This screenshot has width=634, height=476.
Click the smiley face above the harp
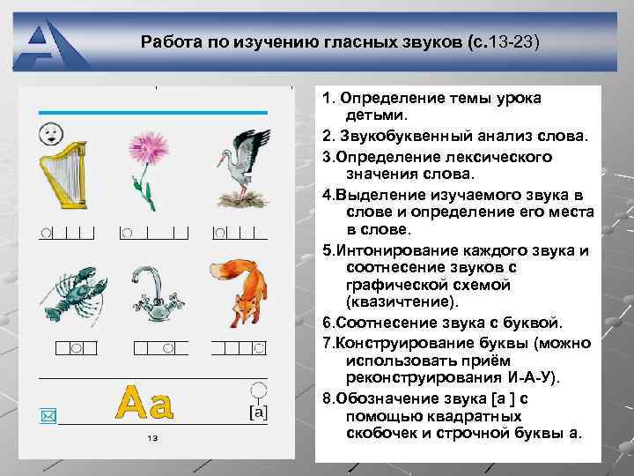point(49,134)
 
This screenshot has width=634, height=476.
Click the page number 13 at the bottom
point(152,438)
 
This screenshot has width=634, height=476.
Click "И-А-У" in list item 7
point(520,376)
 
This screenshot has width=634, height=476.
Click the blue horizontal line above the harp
point(151,112)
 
